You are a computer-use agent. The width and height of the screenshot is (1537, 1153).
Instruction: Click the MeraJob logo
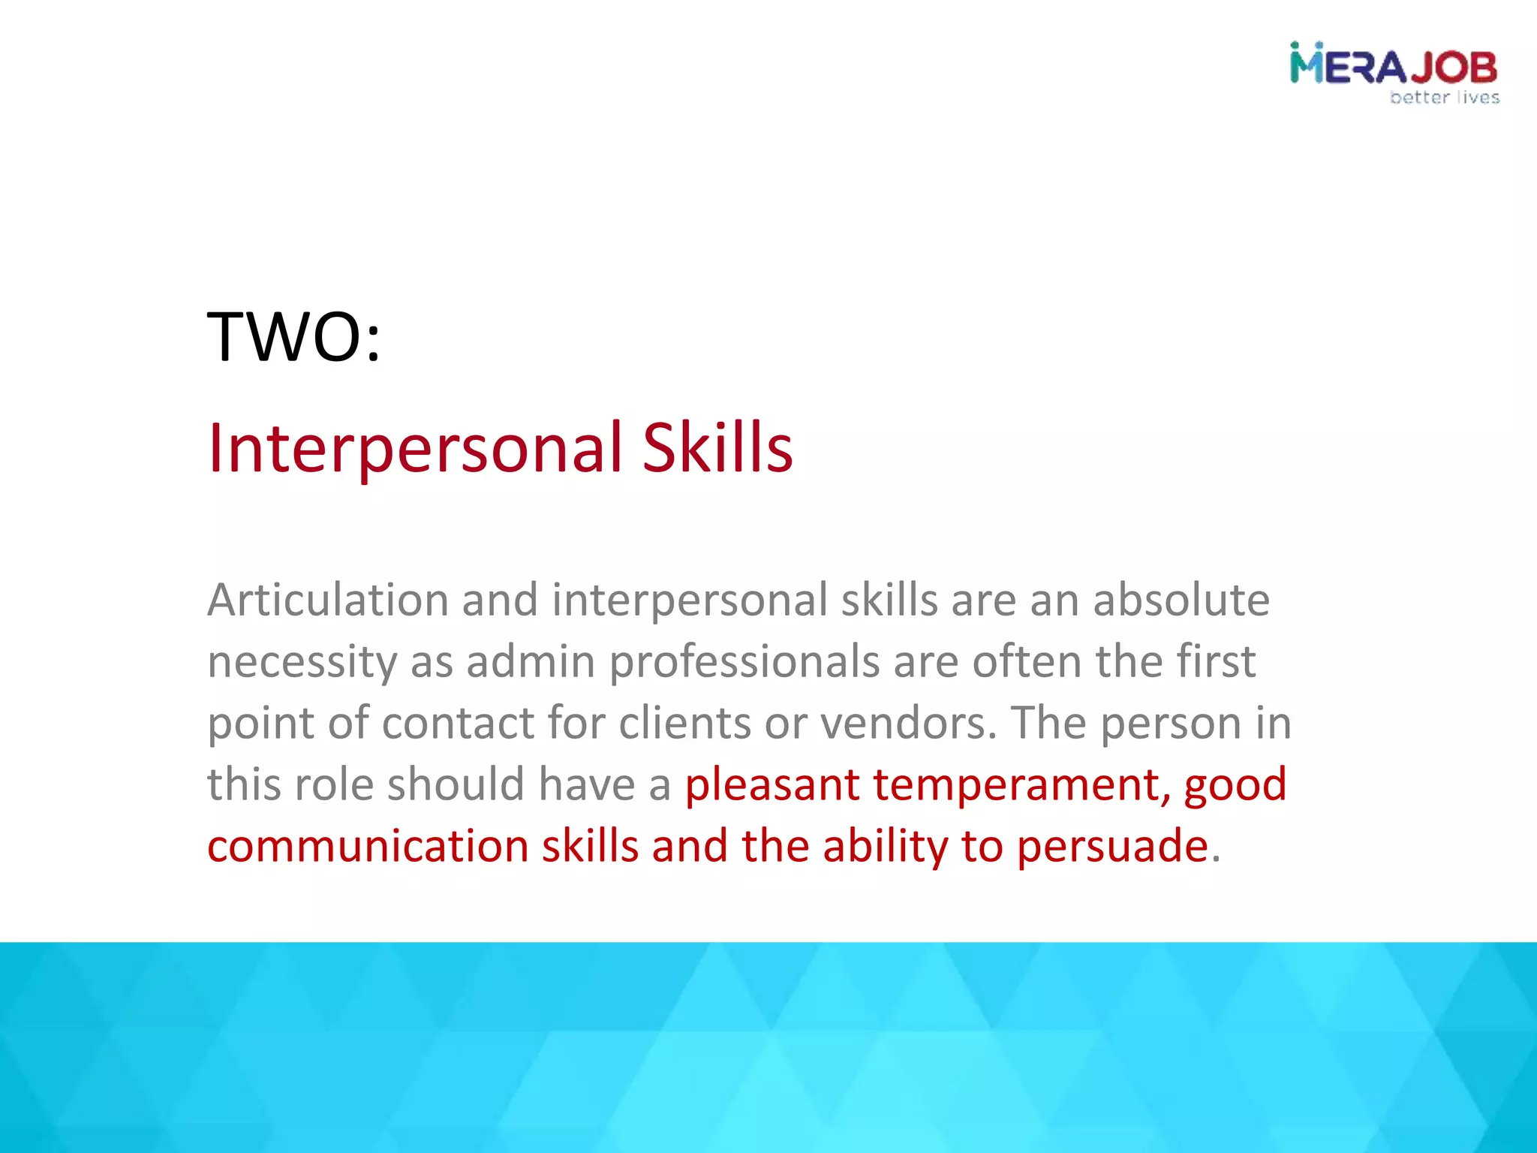(1393, 66)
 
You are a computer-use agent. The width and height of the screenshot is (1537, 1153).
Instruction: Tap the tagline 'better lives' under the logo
(1444, 98)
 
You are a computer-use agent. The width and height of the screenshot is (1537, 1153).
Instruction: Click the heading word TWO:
(293, 337)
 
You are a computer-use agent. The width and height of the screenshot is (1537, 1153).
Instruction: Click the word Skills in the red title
(717, 448)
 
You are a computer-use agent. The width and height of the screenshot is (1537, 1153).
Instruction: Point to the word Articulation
(327, 601)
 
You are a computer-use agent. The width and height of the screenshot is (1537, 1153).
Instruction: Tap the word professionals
(744, 663)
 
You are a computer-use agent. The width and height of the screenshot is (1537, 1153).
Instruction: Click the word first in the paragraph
(1215, 661)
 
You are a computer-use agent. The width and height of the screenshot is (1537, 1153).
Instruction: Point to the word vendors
(908, 724)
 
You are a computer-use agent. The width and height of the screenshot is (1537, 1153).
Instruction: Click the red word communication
(368, 847)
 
